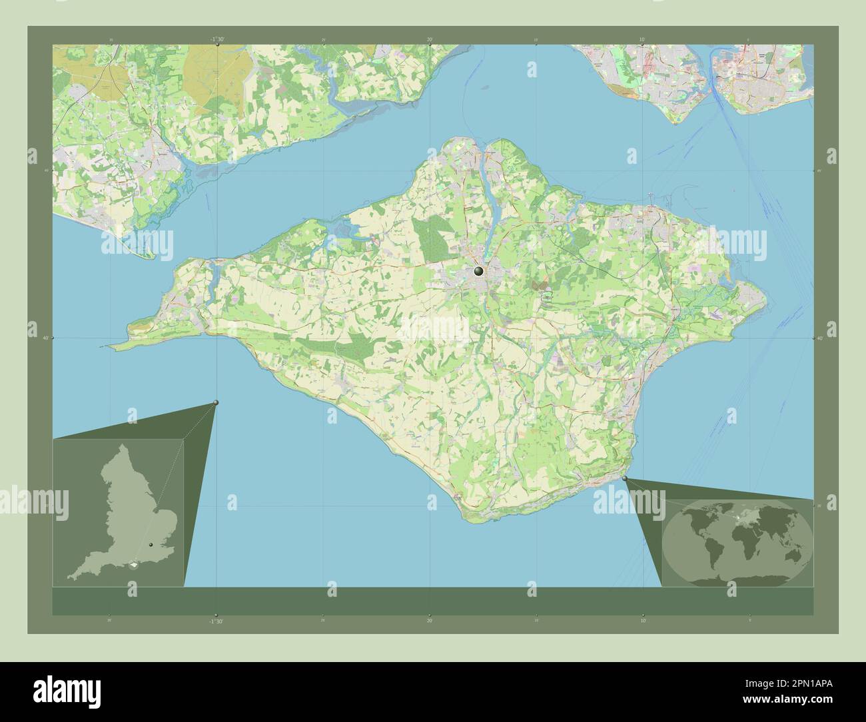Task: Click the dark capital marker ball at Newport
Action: pyautogui.click(x=478, y=271)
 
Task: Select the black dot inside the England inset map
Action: pyautogui.click(x=151, y=545)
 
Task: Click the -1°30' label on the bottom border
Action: pyautogui.click(x=216, y=621)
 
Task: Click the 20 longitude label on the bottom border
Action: pyautogui.click(x=430, y=621)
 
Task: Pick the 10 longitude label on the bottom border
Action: pyautogui.click(x=642, y=621)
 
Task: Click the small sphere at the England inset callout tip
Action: pyautogui.click(x=216, y=402)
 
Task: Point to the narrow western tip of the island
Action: pyautogui.click(x=115, y=346)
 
